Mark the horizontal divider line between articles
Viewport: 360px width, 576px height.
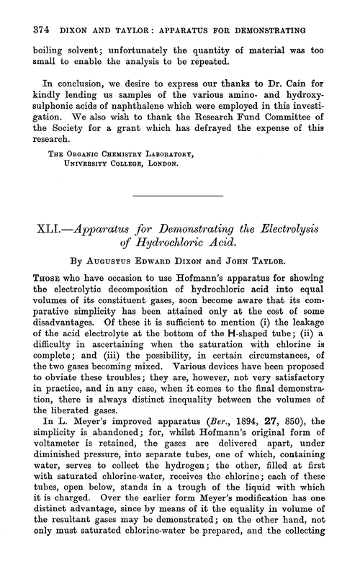click(x=180, y=194)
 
